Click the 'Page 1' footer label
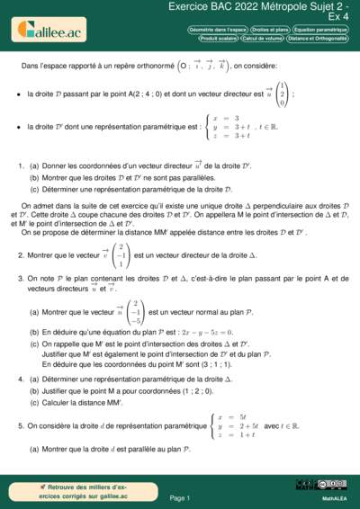point(180,496)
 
